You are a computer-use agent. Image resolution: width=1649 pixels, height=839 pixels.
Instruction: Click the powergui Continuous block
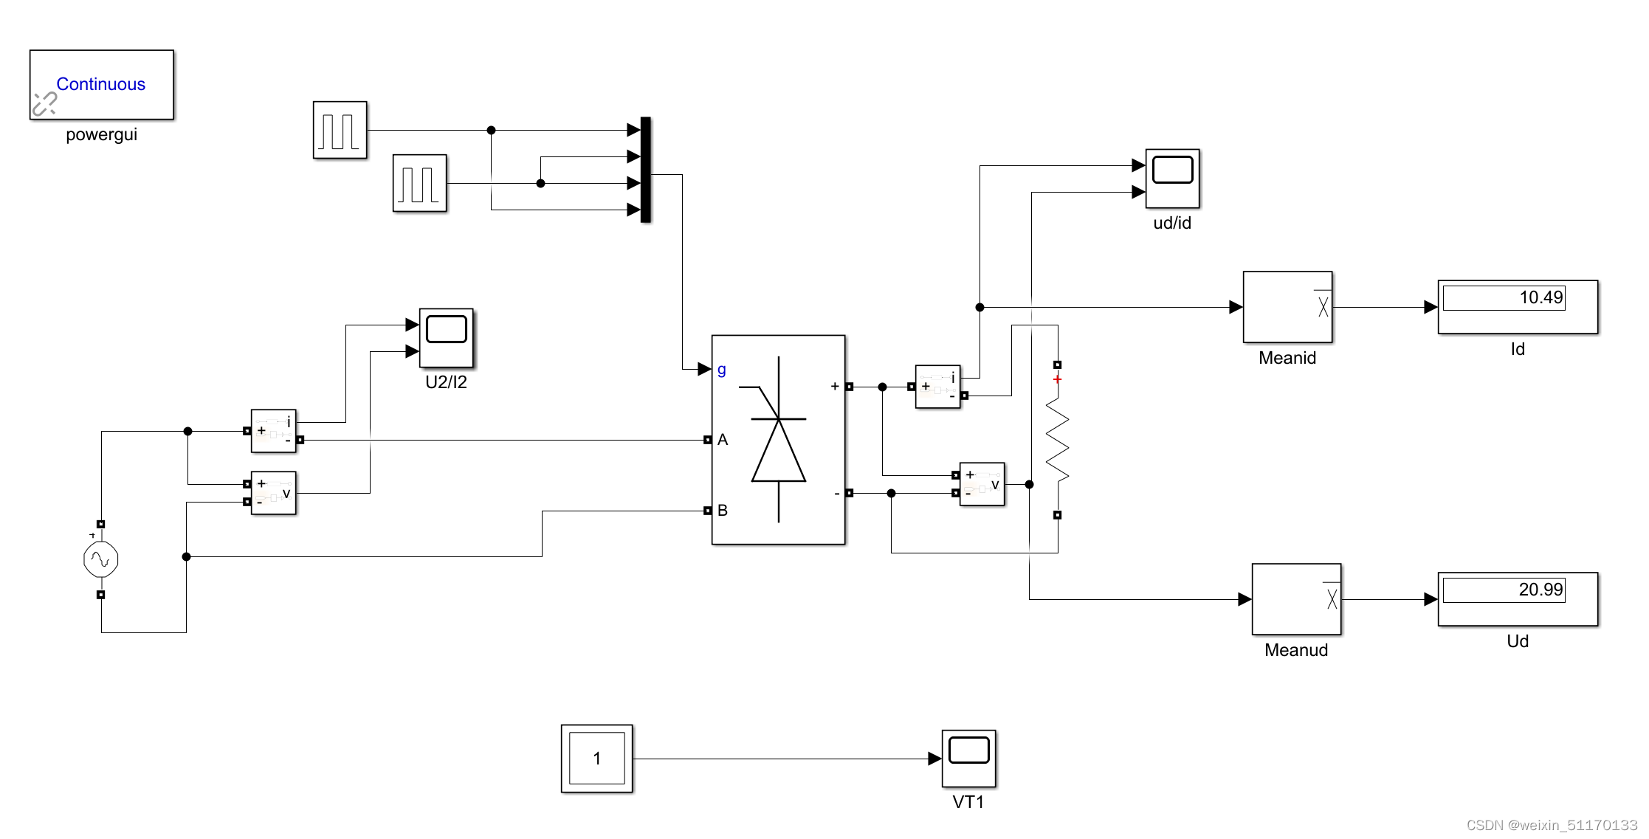click(101, 84)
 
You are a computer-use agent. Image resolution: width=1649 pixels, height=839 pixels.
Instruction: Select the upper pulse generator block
click(340, 130)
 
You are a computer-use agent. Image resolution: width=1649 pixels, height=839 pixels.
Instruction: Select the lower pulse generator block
click(419, 183)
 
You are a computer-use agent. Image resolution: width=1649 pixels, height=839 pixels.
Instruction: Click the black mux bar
click(645, 169)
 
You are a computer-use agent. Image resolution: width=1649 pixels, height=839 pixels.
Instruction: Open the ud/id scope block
click(1172, 178)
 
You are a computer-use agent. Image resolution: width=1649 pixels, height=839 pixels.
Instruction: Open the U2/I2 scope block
click(446, 337)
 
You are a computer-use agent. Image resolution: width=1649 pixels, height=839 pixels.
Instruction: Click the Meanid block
click(1287, 307)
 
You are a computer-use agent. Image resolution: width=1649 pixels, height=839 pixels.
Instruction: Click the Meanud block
click(1296, 599)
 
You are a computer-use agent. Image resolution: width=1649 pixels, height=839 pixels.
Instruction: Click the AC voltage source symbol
click(101, 559)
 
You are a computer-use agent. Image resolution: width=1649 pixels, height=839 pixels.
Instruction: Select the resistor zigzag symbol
click(1058, 440)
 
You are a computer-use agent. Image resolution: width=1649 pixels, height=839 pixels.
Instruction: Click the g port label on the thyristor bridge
click(721, 370)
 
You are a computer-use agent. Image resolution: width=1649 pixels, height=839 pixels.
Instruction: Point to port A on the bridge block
click(722, 440)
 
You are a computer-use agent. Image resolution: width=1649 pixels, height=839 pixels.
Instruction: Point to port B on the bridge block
click(722, 511)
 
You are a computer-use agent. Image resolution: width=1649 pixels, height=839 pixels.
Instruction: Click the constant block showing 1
click(596, 759)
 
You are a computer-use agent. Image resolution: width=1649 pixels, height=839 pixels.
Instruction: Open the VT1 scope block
click(968, 759)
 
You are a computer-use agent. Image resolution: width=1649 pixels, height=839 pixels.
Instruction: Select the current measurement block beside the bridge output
click(937, 387)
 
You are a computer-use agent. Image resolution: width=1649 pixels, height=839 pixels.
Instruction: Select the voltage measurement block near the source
click(273, 493)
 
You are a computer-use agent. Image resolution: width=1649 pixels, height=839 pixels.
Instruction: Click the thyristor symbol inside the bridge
click(778, 440)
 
